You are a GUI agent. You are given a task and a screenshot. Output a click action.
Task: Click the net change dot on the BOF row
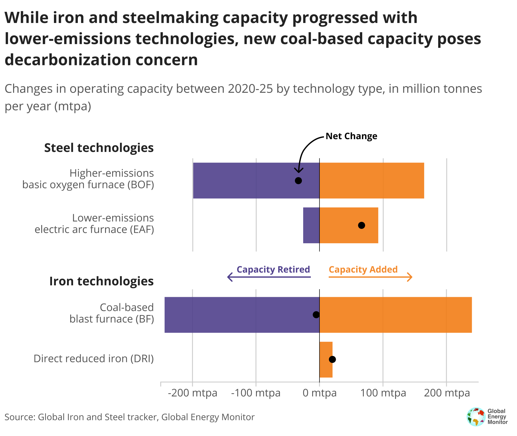coord(298,181)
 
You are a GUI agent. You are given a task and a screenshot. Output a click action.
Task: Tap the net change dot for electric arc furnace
coord(361,225)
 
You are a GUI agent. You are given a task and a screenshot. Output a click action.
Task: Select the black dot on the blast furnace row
coord(316,315)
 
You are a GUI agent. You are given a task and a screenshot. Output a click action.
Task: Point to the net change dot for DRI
coord(332,360)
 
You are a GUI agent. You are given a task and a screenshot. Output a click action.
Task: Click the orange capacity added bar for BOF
coord(372,181)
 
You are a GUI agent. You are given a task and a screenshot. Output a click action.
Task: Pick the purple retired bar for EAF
coord(311,225)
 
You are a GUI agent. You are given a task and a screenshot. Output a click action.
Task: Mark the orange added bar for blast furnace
coord(396,315)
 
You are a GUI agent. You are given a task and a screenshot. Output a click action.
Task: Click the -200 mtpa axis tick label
coord(192,393)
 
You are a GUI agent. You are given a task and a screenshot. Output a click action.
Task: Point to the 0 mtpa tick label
coord(319,393)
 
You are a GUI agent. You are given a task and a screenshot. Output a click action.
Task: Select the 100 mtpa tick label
coord(383,393)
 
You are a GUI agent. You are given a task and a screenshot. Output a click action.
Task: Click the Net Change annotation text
coord(351,136)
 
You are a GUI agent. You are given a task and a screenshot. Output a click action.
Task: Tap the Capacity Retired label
coord(273,270)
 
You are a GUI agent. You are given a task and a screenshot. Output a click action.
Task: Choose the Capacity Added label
coord(363,270)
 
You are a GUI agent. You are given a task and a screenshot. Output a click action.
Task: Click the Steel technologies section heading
coord(99,148)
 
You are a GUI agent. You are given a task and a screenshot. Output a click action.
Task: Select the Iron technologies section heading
coord(101,282)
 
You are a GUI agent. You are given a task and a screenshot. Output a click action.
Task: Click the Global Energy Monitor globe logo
coord(476,417)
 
